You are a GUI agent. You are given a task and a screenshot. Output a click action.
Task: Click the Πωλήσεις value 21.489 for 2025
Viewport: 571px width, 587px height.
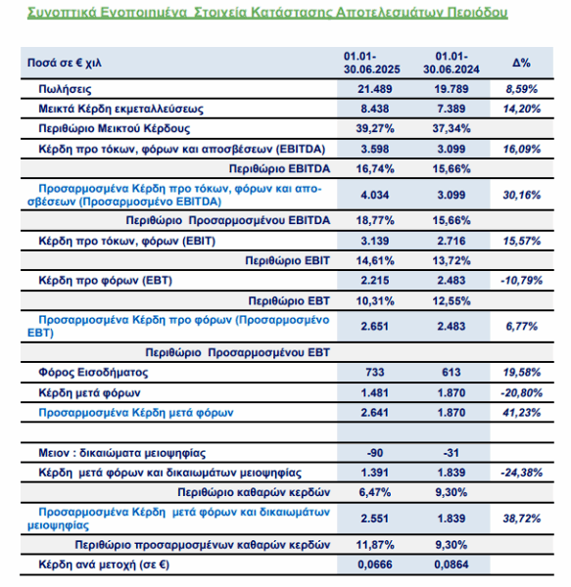pyautogui.click(x=375, y=89)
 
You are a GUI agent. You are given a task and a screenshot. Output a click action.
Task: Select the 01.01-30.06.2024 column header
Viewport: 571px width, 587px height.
pyautogui.click(x=452, y=63)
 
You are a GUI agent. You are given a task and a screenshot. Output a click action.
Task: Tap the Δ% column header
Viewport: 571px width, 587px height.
pyautogui.click(x=522, y=63)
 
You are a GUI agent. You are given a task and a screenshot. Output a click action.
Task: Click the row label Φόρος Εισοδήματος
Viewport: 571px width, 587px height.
pyautogui.click(x=93, y=373)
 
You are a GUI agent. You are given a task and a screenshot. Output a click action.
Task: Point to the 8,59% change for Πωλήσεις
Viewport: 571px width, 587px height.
pyautogui.click(x=522, y=89)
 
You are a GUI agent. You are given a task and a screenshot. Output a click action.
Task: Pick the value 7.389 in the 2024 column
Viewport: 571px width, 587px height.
pyautogui.click(x=452, y=109)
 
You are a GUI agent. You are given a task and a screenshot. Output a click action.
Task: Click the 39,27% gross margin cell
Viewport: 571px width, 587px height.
pyautogui.click(x=375, y=129)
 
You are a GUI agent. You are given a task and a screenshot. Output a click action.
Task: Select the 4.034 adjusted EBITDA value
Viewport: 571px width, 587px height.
pyautogui.click(x=375, y=195)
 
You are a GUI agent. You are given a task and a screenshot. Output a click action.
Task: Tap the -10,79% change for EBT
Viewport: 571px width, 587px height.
pyautogui.click(x=522, y=281)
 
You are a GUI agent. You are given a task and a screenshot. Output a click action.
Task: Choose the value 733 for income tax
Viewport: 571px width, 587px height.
pyautogui.click(x=375, y=373)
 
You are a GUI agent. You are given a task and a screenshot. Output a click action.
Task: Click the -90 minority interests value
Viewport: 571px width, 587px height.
pyautogui.click(x=375, y=453)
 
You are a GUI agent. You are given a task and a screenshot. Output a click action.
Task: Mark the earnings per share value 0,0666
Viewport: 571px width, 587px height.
pyautogui.click(x=375, y=564)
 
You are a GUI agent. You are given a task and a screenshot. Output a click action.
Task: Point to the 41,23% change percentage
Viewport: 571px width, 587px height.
pyautogui.click(x=522, y=413)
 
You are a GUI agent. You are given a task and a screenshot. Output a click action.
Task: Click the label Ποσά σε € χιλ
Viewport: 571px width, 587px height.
pyautogui.click(x=65, y=63)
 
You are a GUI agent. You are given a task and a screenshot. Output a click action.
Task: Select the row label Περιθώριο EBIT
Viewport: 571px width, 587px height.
pyautogui.click(x=287, y=260)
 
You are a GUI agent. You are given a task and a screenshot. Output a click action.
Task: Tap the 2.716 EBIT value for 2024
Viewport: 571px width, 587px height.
pyautogui.click(x=452, y=241)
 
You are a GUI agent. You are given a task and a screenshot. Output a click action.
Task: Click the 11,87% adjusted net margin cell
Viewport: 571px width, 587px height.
pyautogui.click(x=375, y=545)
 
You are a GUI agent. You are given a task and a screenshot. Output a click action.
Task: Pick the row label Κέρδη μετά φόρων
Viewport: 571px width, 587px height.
pyautogui.click(x=89, y=392)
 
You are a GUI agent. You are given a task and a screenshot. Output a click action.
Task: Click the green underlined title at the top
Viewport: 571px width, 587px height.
pyautogui.click(x=267, y=13)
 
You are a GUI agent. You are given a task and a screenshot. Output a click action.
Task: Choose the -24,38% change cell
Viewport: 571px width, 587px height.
pyautogui.click(x=522, y=473)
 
